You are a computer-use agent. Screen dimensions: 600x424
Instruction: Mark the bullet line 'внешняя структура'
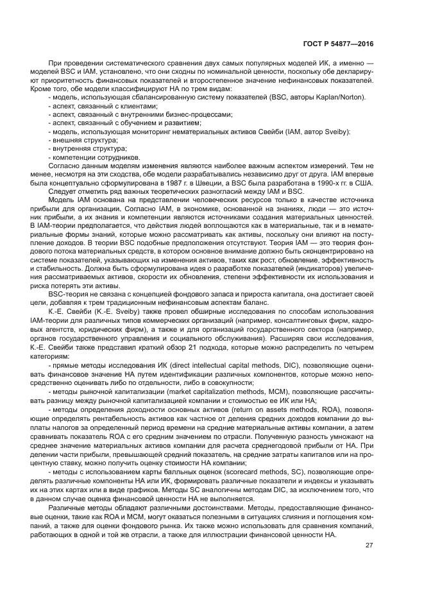pos(85,140)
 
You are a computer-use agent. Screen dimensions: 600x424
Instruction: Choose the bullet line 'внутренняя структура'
pos(89,148)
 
